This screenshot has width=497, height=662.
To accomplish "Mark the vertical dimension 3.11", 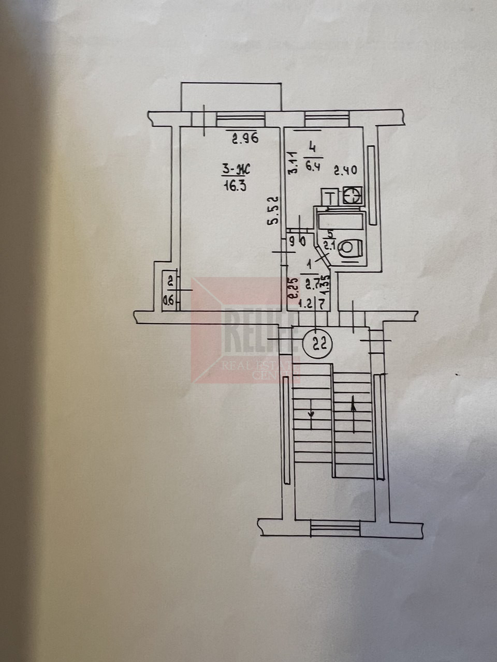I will tap(293, 162).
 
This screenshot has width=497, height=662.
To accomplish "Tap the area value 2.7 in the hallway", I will tap(312, 283).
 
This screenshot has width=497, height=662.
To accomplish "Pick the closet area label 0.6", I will tap(169, 299).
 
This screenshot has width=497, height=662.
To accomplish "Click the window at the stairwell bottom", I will tap(335, 529).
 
